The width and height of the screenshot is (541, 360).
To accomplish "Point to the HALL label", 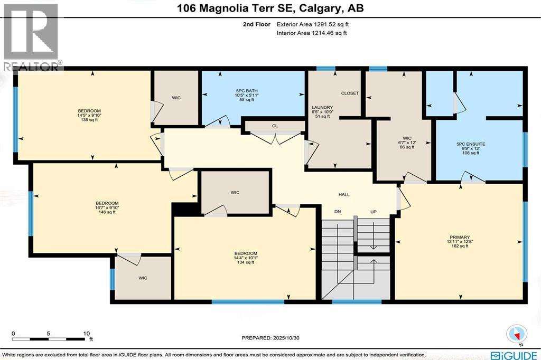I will [344, 195].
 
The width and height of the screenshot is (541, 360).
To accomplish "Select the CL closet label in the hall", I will [275, 126].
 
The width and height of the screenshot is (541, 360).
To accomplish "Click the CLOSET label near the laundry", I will [350, 93].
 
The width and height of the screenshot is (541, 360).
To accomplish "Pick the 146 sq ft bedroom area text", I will [107, 212].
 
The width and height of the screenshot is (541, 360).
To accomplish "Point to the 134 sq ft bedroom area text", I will [246, 262].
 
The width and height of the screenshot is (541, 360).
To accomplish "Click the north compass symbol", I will [516, 334].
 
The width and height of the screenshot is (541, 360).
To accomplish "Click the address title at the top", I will [270, 8].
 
